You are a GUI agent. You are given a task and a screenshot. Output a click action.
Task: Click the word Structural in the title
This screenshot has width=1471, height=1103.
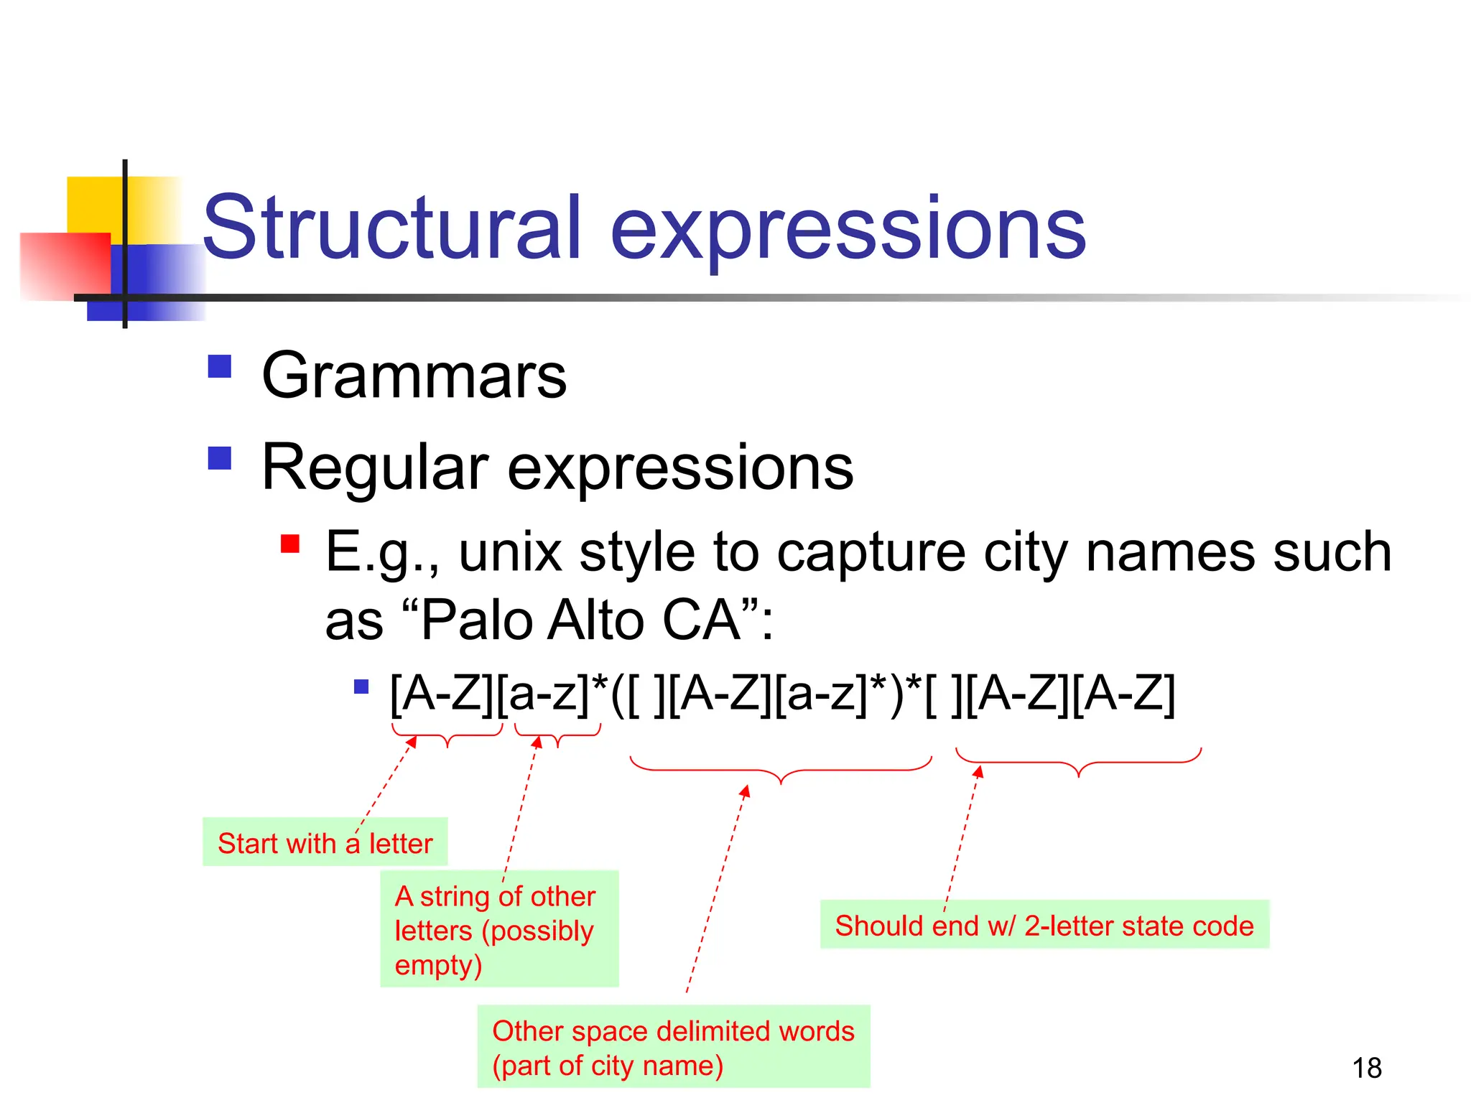click(391, 228)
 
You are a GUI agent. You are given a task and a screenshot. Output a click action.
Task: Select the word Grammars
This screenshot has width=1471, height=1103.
click(414, 376)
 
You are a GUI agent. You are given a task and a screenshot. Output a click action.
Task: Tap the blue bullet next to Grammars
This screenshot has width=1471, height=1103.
click(219, 366)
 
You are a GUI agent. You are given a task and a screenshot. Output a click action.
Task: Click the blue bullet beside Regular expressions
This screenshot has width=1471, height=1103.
click(219, 458)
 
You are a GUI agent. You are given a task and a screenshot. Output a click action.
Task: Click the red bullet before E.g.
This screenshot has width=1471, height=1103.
click(289, 544)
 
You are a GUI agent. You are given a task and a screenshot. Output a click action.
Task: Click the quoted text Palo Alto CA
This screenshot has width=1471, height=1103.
click(580, 620)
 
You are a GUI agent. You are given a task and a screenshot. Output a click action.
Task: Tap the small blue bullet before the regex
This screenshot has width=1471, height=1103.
click(361, 687)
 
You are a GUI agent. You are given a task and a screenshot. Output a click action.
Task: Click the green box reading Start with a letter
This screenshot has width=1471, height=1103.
click(325, 842)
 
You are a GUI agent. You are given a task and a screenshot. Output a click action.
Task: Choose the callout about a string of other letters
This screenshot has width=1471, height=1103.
click(498, 929)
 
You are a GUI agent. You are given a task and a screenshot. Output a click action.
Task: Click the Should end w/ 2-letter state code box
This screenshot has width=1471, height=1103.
click(1044, 925)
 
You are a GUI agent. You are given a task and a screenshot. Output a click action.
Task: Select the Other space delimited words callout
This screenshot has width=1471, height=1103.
click(673, 1047)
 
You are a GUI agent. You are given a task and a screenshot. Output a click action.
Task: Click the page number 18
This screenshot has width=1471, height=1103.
click(1366, 1069)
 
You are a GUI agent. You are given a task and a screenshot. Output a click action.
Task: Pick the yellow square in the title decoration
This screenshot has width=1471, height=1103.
click(93, 205)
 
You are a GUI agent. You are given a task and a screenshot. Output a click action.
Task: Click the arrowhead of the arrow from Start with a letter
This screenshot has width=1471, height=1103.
click(412, 742)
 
